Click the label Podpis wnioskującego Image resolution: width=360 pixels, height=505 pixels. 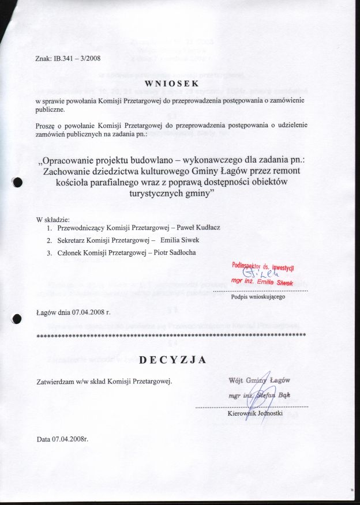click(255, 297)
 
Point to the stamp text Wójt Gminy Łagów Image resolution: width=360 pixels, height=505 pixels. click(260, 380)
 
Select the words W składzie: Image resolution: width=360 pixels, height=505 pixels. click(52, 220)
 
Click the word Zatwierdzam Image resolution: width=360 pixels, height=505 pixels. click(56, 380)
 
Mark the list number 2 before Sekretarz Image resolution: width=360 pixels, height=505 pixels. click(50, 240)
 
